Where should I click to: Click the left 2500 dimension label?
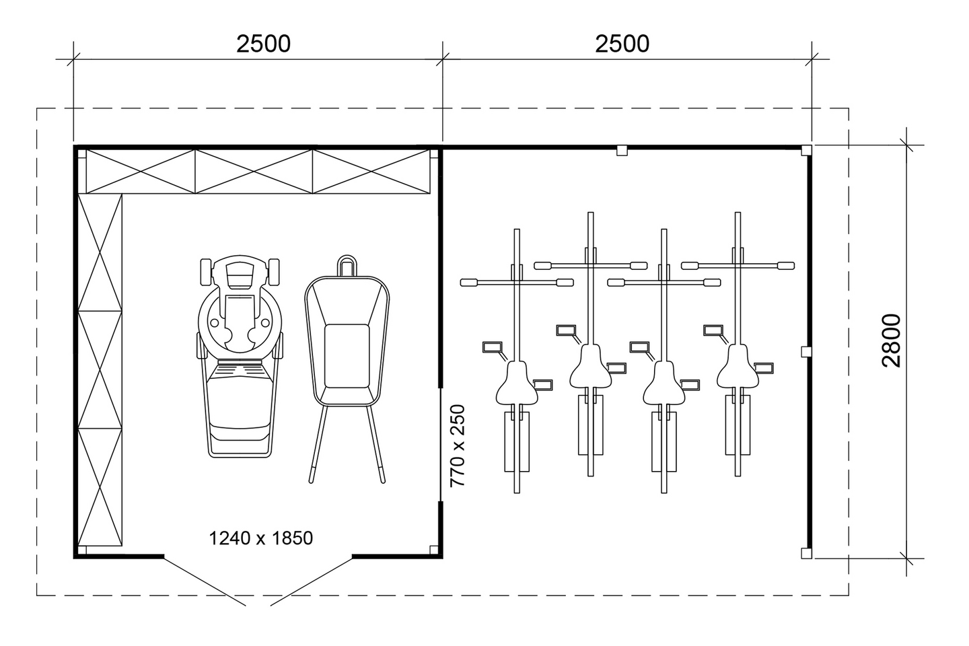point(263,44)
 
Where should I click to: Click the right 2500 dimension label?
point(622,44)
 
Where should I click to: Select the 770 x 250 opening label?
point(458,445)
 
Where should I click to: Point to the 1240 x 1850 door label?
point(261,538)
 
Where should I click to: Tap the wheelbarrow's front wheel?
point(346,265)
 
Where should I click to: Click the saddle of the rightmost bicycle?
point(738,367)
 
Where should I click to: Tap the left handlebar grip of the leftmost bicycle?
point(468,282)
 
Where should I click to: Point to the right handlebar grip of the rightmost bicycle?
point(786,266)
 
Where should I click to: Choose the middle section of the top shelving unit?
point(254,172)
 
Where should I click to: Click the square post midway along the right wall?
point(805,351)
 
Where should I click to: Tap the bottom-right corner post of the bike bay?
point(806,553)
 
